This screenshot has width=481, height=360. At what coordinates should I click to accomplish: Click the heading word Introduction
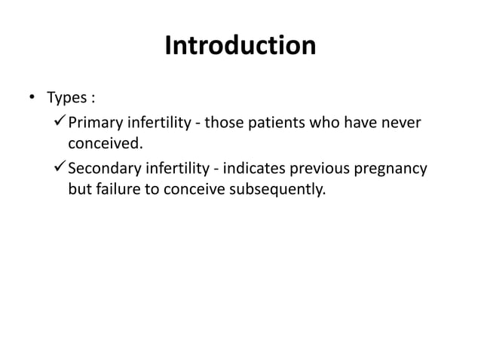[240, 46]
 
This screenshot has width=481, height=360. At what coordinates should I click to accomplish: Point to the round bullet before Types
[32, 99]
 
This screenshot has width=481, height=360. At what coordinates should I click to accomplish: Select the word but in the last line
[79, 188]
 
